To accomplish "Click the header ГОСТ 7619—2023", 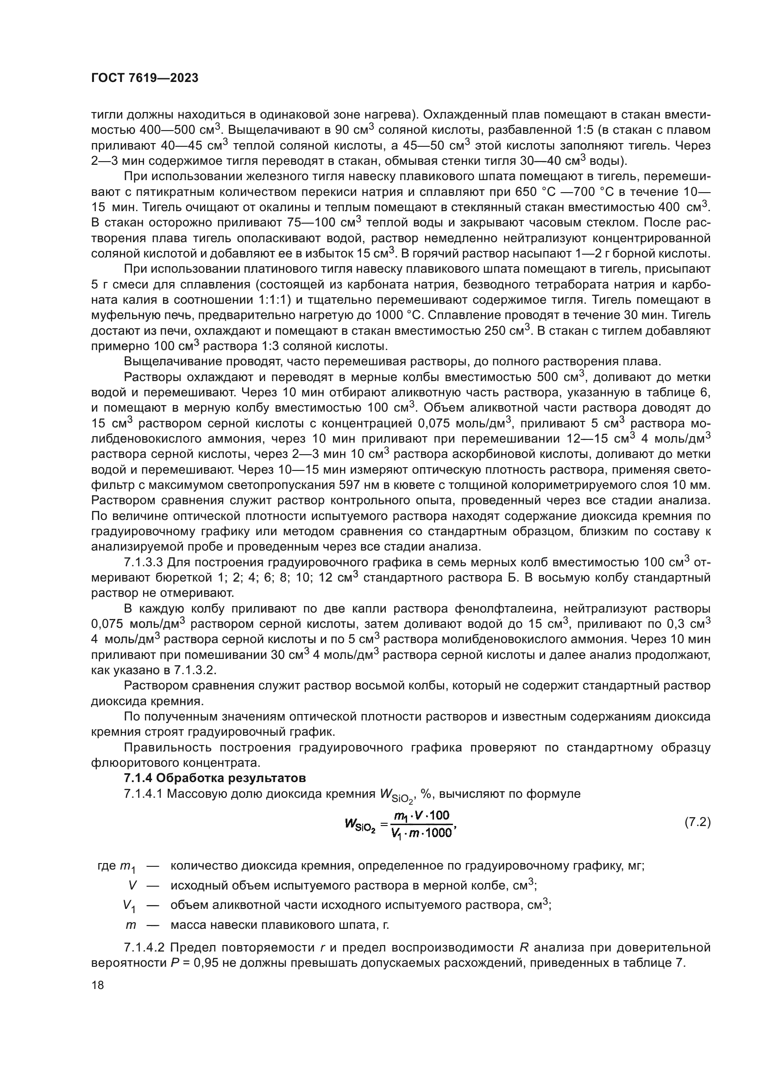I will point(144,78).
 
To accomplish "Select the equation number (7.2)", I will point(697,822).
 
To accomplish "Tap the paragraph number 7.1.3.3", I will point(144,562).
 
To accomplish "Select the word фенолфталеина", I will point(482,608).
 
